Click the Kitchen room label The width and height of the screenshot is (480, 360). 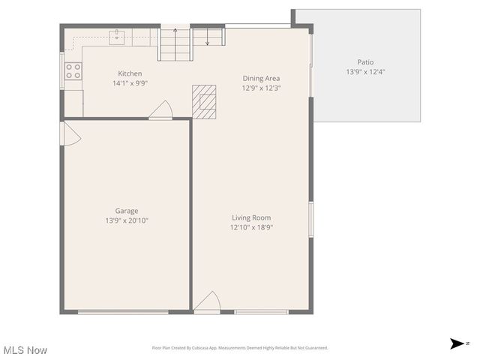pyautogui.click(x=130, y=73)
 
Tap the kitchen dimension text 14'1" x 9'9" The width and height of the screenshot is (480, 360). pyautogui.click(x=130, y=83)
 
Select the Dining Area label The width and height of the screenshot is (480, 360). pyautogui.click(x=261, y=78)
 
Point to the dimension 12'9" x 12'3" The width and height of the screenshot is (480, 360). pyautogui.click(x=261, y=88)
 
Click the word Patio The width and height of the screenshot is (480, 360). pyautogui.click(x=365, y=62)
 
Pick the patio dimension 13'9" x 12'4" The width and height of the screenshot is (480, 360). pyautogui.click(x=365, y=72)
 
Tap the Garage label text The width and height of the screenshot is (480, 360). pyautogui.click(x=126, y=211)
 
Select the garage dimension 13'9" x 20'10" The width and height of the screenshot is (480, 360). pyautogui.click(x=126, y=220)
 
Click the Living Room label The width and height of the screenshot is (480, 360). pyautogui.click(x=250, y=217)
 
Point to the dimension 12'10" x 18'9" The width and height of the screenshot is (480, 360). pyautogui.click(x=250, y=227)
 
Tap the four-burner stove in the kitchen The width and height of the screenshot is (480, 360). pyautogui.click(x=73, y=71)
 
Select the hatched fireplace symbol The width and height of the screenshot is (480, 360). pyautogui.click(x=203, y=101)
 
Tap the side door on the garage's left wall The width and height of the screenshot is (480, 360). pyautogui.click(x=68, y=134)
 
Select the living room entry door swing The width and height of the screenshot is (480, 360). pyautogui.click(x=206, y=302)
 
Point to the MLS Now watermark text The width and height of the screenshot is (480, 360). pyautogui.click(x=25, y=350)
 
